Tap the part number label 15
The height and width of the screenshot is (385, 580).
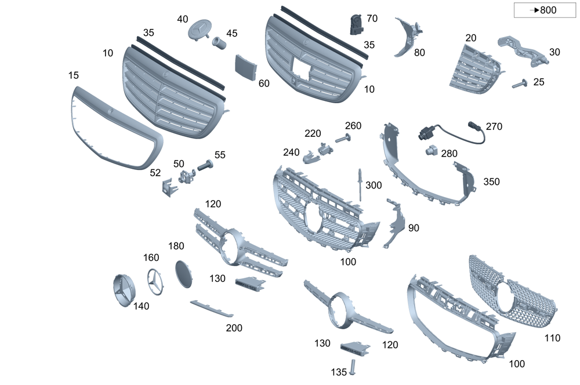click(73, 75)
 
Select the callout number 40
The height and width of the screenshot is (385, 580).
click(183, 19)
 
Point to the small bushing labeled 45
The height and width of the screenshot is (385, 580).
click(219, 42)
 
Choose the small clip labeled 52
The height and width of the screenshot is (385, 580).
click(167, 187)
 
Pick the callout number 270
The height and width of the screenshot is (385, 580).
click(494, 126)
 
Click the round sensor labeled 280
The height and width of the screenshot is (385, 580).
click(430, 151)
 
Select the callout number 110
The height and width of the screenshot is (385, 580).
click(553, 337)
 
